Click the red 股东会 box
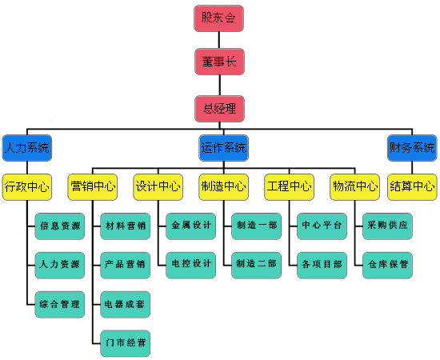[218, 18]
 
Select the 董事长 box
[219, 62]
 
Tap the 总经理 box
[219, 109]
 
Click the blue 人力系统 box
[27, 148]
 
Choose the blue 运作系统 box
[224, 148]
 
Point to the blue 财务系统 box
[412, 148]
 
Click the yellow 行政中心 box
[27, 187]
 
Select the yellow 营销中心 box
[93, 187]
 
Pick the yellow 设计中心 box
[158, 187]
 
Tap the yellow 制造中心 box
[224, 187]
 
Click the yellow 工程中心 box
[290, 187]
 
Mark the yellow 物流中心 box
[355, 187]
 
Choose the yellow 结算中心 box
[412, 187]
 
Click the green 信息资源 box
[60, 226]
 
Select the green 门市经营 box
[125, 343]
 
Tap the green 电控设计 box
[191, 265]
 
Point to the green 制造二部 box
[257, 265]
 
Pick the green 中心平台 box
[322, 226]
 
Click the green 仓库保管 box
[387, 265]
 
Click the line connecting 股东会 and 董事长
[219, 40]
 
